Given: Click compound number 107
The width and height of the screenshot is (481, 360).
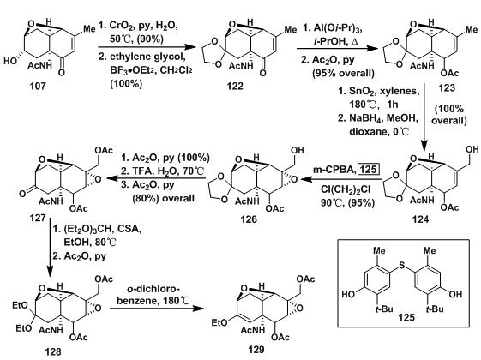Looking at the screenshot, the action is coord(38,87).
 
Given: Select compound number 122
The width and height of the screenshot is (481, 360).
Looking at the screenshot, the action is coord(235,87).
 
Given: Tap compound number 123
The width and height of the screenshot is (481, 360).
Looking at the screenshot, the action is coord(447,88).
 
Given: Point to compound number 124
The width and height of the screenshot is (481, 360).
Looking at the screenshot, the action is coord(421,219).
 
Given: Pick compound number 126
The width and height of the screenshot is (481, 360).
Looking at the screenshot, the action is coord(249,219).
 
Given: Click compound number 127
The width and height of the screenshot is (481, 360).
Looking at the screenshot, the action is coord(38,219).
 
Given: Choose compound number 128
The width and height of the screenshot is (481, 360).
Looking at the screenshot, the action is coord(53,351).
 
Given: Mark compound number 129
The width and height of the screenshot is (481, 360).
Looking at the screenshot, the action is coord(256,350).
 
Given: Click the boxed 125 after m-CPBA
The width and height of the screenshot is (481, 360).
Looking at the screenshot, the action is coord(369,169).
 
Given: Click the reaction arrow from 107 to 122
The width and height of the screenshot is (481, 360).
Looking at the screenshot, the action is coord(147,47).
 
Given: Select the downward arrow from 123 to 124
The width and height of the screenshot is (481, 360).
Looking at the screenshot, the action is coord(424,117).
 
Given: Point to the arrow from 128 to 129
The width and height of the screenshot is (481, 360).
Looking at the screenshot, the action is coord(157,308).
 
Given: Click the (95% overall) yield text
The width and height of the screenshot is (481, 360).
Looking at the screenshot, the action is coord(343,74).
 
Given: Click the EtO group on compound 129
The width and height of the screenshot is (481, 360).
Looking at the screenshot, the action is coord(220,322).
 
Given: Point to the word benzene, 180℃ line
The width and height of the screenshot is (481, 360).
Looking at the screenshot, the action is coord(153,300).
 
